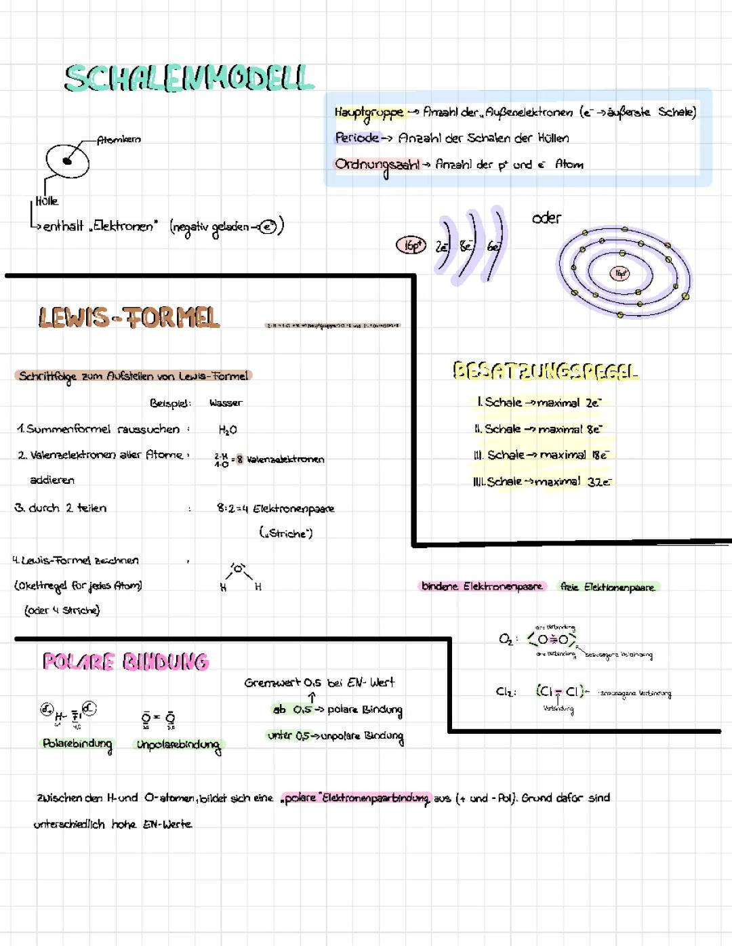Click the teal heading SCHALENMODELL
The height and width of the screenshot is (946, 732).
pos(189,78)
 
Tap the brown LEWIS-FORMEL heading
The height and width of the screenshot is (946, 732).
pos(129,317)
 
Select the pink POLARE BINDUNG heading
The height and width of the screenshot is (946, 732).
pos(126,661)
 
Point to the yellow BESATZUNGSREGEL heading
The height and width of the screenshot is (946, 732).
pos(545,371)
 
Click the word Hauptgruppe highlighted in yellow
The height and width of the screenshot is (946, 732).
pos(368,112)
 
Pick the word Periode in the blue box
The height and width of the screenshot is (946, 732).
pos(357,138)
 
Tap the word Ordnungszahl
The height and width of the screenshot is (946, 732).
pos(377,165)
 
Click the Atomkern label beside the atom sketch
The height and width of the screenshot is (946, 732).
pos(119,140)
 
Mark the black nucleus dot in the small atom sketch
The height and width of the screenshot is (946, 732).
pos(67,161)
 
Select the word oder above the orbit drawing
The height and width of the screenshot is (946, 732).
pos(546,218)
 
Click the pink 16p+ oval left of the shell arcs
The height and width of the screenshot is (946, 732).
pos(411,245)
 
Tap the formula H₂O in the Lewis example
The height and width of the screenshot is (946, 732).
pos(228,430)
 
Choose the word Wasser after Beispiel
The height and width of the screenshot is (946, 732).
pos(226,403)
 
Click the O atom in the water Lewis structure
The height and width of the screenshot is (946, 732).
pos(238,567)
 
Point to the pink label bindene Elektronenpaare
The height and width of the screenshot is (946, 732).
pos(482,586)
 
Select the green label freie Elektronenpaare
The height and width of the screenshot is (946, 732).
pos(608,587)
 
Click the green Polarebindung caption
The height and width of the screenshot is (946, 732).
pos(77,743)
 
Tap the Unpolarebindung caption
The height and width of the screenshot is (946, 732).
pos(178,745)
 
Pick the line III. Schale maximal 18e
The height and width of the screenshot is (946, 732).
pos(542,455)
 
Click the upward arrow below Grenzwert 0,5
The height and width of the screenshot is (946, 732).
pos(312,697)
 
